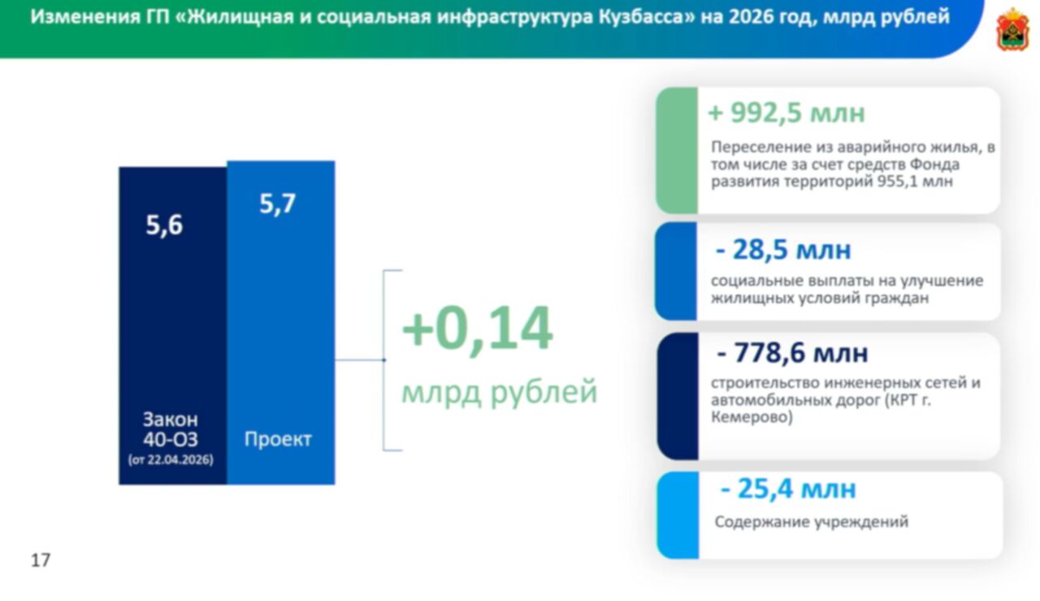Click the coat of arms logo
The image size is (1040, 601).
1012,30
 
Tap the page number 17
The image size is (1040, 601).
41,560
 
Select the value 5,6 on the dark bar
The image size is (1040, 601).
164,226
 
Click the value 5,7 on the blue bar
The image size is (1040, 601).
277,204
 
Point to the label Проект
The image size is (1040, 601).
278,439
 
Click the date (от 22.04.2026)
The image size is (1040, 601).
171,459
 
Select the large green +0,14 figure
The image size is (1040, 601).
477,329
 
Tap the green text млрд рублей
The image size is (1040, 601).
499,392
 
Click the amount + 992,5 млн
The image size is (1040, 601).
786,113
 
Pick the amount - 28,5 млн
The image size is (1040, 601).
782,250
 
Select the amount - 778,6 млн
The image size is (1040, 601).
792,353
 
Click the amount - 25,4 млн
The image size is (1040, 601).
788,489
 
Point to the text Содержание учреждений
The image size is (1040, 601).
811,522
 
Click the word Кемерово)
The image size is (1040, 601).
752,417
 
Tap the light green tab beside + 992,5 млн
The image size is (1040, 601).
677,150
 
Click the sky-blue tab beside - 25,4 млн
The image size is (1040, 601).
678,515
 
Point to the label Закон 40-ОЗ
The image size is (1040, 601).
171,429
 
